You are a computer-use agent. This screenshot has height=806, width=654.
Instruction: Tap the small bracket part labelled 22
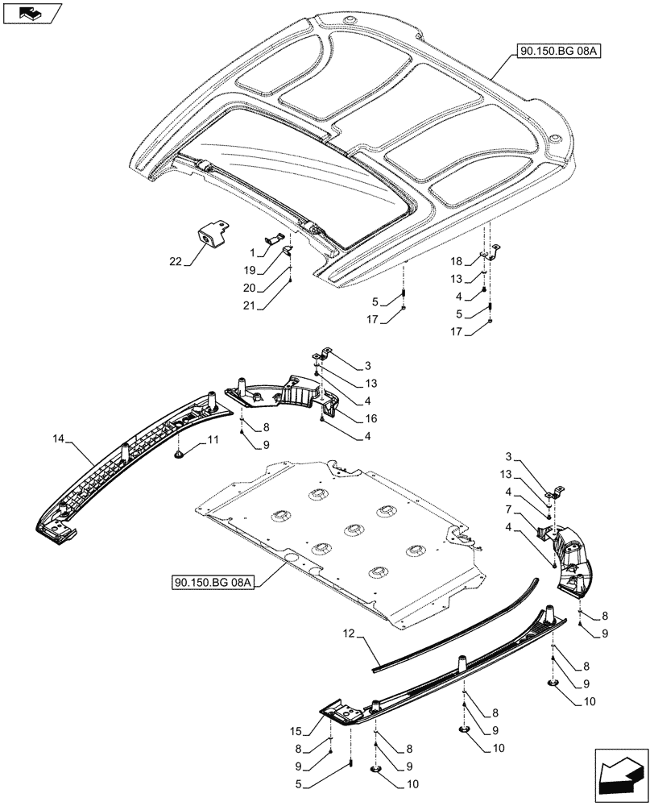click(209, 235)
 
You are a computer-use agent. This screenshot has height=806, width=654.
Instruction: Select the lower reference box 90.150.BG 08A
click(212, 582)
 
